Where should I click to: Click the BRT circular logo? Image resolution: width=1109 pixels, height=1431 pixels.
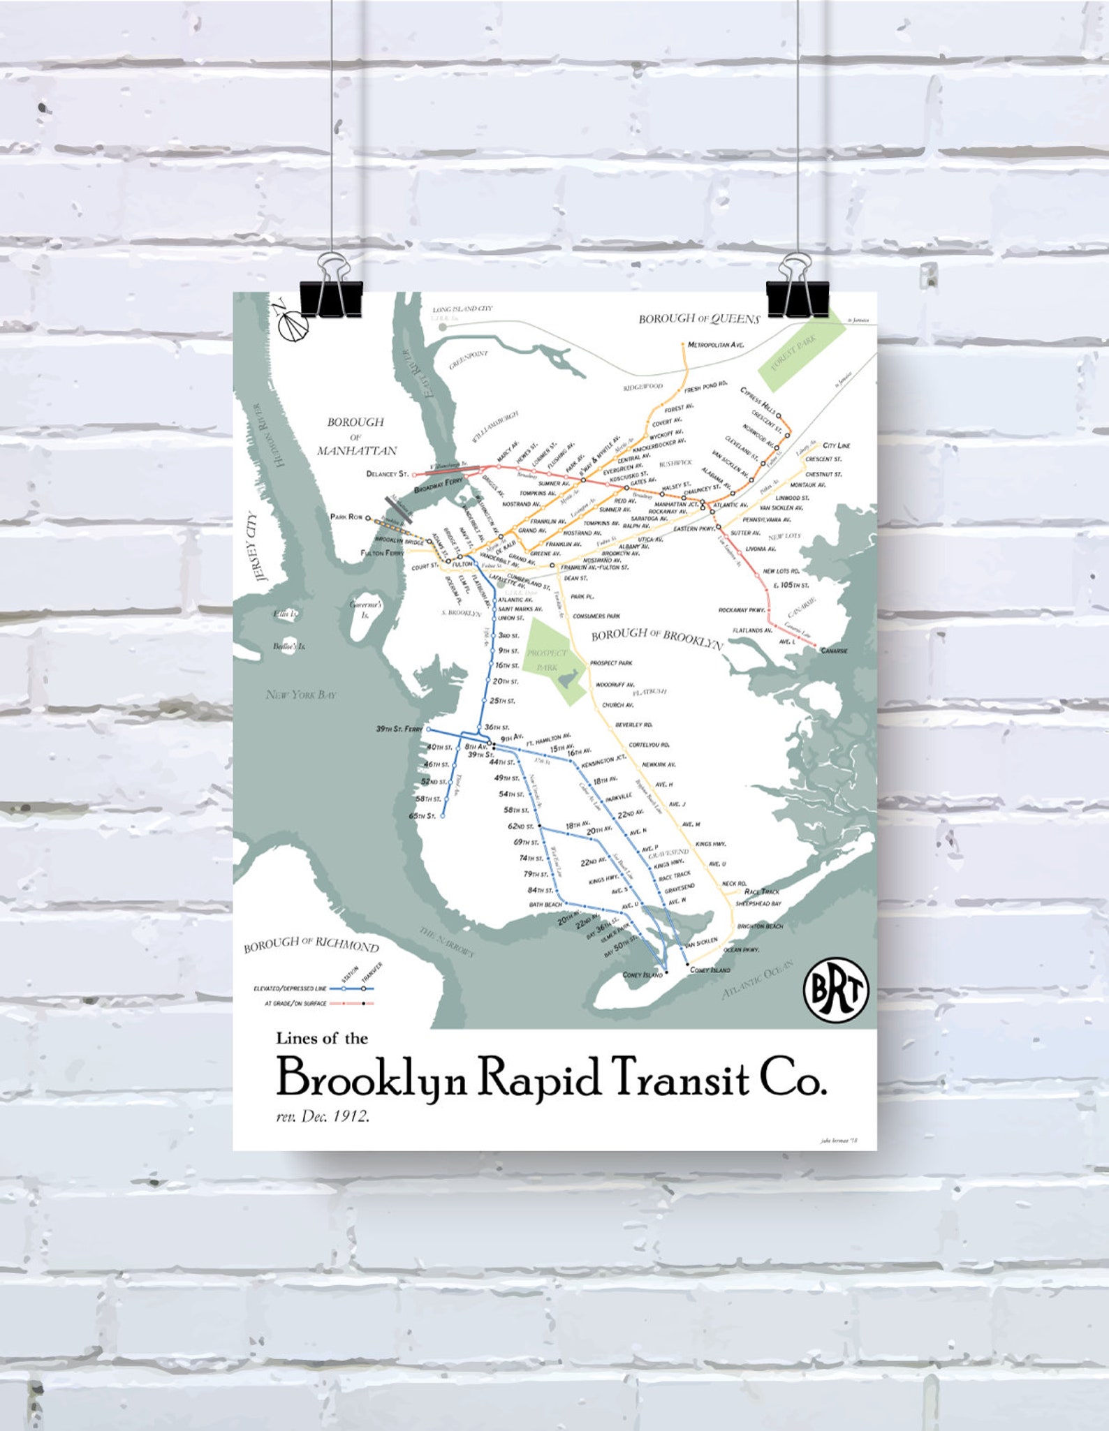click(x=836, y=989)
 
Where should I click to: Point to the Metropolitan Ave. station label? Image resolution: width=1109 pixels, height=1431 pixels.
click(x=716, y=345)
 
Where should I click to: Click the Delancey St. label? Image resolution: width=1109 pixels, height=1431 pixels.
click(x=387, y=474)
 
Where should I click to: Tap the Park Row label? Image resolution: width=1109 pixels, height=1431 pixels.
click(x=346, y=517)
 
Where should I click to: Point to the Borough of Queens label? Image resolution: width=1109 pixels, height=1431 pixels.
click(x=699, y=319)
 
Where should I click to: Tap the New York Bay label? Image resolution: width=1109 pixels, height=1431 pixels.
click(x=301, y=695)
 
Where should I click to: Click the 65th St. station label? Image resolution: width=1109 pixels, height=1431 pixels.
click(x=423, y=815)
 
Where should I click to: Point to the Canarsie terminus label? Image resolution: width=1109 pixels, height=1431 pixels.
click(x=834, y=651)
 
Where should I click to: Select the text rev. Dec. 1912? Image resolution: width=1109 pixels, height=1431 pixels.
click(x=323, y=1115)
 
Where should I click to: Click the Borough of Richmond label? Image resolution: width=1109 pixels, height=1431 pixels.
click(x=311, y=945)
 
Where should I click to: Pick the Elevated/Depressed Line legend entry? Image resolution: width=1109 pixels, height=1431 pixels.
click(x=290, y=988)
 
